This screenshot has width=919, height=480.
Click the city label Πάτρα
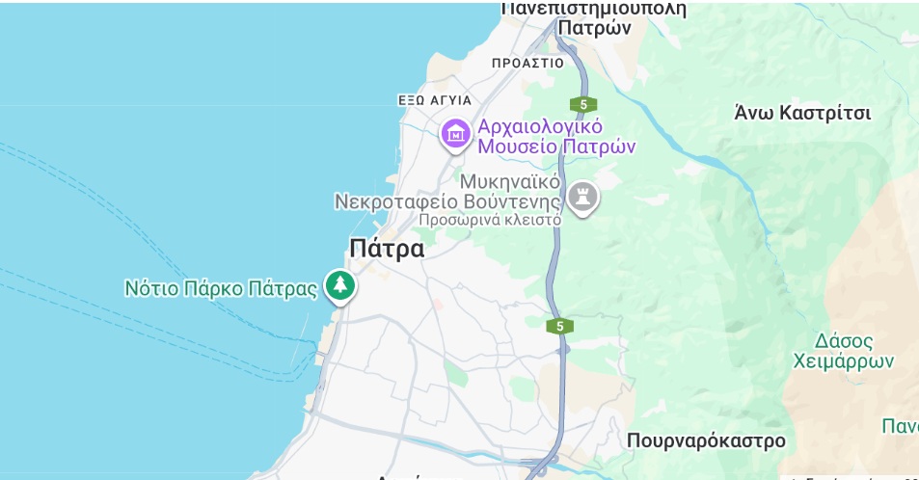(387, 249)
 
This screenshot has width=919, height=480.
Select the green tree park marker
(338, 285)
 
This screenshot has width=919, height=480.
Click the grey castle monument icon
(582, 198)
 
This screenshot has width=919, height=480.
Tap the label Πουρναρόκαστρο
(706, 441)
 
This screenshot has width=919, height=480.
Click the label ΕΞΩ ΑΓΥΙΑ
(435, 100)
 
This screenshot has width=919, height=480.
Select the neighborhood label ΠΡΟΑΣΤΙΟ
(527, 63)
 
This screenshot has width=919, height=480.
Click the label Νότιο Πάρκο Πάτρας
(221, 288)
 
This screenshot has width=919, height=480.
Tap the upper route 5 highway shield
(582, 104)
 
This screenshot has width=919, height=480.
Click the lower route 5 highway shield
(559, 327)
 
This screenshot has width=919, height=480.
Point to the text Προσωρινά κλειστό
(490, 220)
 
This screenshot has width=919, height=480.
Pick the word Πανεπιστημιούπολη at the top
(595, 9)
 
